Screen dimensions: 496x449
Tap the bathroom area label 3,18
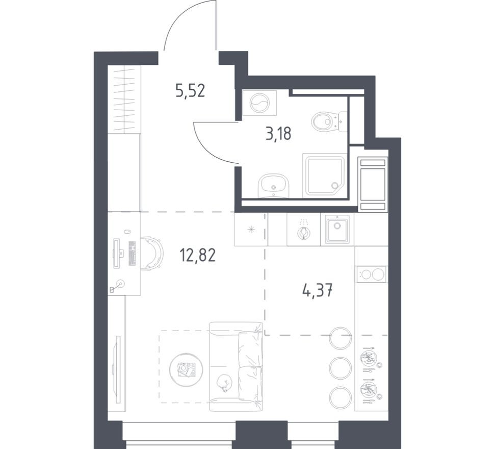click(278, 134)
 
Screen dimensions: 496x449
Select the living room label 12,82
click(197, 255)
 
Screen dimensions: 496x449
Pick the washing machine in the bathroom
click(259, 103)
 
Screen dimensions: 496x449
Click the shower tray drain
click(334, 186)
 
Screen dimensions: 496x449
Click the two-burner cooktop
click(372, 274)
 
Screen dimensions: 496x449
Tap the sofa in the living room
click(236, 366)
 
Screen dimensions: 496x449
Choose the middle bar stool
click(341, 368)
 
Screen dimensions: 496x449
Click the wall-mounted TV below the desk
click(118, 369)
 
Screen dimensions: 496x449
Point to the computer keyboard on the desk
click(132, 253)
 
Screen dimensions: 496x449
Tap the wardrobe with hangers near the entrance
click(124, 99)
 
